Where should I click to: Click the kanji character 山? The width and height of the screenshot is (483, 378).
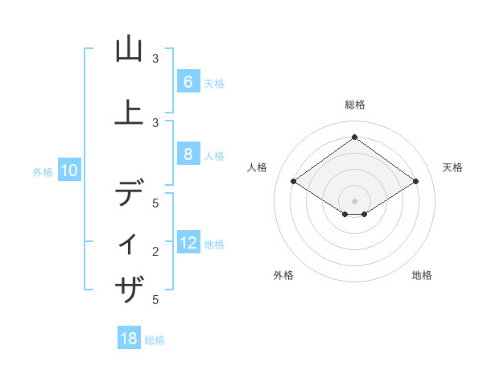point(129,50)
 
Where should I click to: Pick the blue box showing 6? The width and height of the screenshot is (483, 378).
point(188,82)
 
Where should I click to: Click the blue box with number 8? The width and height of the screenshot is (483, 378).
point(188,155)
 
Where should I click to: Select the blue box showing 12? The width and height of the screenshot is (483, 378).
point(188,244)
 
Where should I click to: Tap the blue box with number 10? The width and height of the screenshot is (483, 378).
point(69,171)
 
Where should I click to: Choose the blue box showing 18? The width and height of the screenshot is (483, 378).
point(129,339)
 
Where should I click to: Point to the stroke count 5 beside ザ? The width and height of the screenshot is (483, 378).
point(155,300)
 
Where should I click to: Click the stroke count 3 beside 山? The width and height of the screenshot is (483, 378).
point(155,59)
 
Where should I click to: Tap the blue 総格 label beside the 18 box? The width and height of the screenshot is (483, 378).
point(155,340)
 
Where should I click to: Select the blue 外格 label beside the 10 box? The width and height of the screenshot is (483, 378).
point(43,171)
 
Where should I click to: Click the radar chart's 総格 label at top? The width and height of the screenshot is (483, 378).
point(354,105)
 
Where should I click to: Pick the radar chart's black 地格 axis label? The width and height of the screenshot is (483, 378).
point(422,275)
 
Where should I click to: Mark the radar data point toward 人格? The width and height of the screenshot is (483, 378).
point(294,182)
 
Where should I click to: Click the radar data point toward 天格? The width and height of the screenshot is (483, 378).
point(415,182)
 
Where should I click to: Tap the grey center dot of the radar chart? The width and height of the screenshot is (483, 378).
point(354,200)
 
